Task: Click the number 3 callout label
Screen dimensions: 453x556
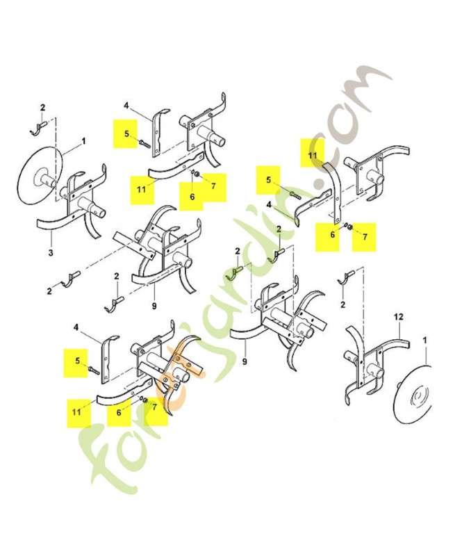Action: click(x=51, y=253)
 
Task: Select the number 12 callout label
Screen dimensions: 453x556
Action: click(x=398, y=317)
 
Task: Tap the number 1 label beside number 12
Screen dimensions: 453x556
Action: click(x=425, y=340)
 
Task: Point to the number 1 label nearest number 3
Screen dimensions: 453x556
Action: click(x=83, y=142)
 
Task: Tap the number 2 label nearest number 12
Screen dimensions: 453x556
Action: click(x=343, y=304)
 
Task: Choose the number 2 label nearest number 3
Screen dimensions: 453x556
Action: click(x=49, y=291)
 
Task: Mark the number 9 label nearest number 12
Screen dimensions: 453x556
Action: click(x=245, y=362)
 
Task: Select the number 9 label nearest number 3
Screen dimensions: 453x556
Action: click(x=154, y=305)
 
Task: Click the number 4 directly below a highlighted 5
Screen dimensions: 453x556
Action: click(x=269, y=205)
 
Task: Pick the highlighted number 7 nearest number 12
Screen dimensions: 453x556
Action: click(x=365, y=236)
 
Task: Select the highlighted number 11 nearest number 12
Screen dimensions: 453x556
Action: click(x=312, y=155)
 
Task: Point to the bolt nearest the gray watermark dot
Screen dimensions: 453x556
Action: click(x=295, y=194)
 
